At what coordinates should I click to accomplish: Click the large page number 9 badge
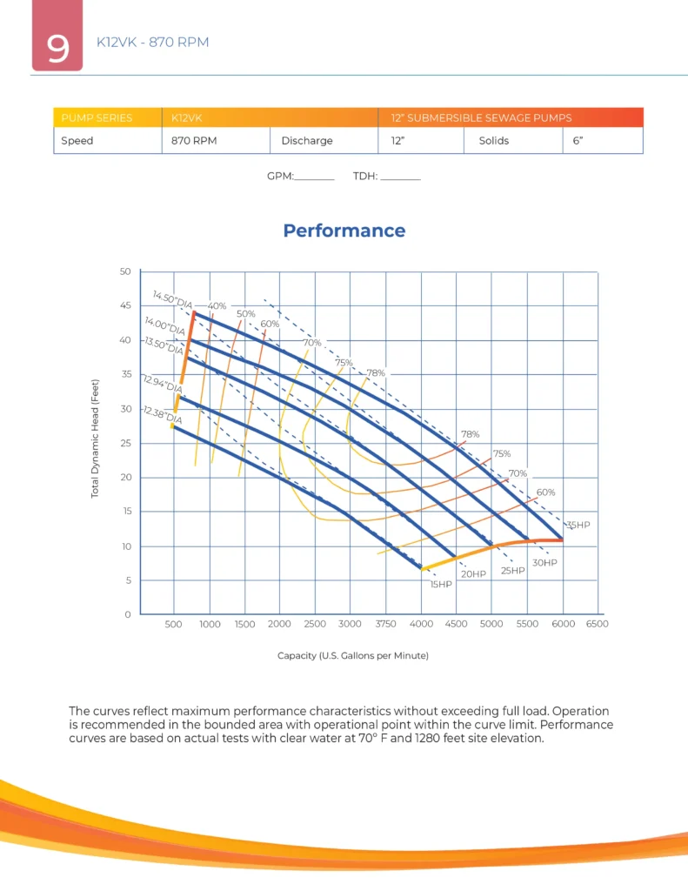(x=57, y=35)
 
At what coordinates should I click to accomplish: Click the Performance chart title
(x=344, y=231)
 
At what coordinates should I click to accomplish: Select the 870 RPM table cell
(x=216, y=140)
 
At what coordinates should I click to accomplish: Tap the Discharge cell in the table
(x=324, y=140)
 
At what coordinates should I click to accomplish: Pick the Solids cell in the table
(x=513, y=140)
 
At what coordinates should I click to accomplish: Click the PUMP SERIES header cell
(x=108, y=117)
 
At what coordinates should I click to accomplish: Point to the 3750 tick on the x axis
(x=386, y=624)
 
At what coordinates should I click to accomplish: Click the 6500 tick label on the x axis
(x=597, y=624)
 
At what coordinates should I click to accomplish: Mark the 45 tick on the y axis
(x=125, y=305)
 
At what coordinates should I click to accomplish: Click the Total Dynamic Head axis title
(x=95, y=439)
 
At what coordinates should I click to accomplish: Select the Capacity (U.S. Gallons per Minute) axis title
(x=353, y=656)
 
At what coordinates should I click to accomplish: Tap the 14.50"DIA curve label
(x=173, y=299)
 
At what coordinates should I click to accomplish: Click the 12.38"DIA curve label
(x=163, y=415)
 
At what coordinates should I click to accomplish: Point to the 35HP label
(x=579, y=525)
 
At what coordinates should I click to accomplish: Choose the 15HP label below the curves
(x=441, y=584)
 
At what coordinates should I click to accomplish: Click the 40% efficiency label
(x=217, y=305)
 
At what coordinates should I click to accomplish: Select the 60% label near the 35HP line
(x=545, y=492)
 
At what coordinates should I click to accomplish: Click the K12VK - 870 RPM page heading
(x=153, y=42)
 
